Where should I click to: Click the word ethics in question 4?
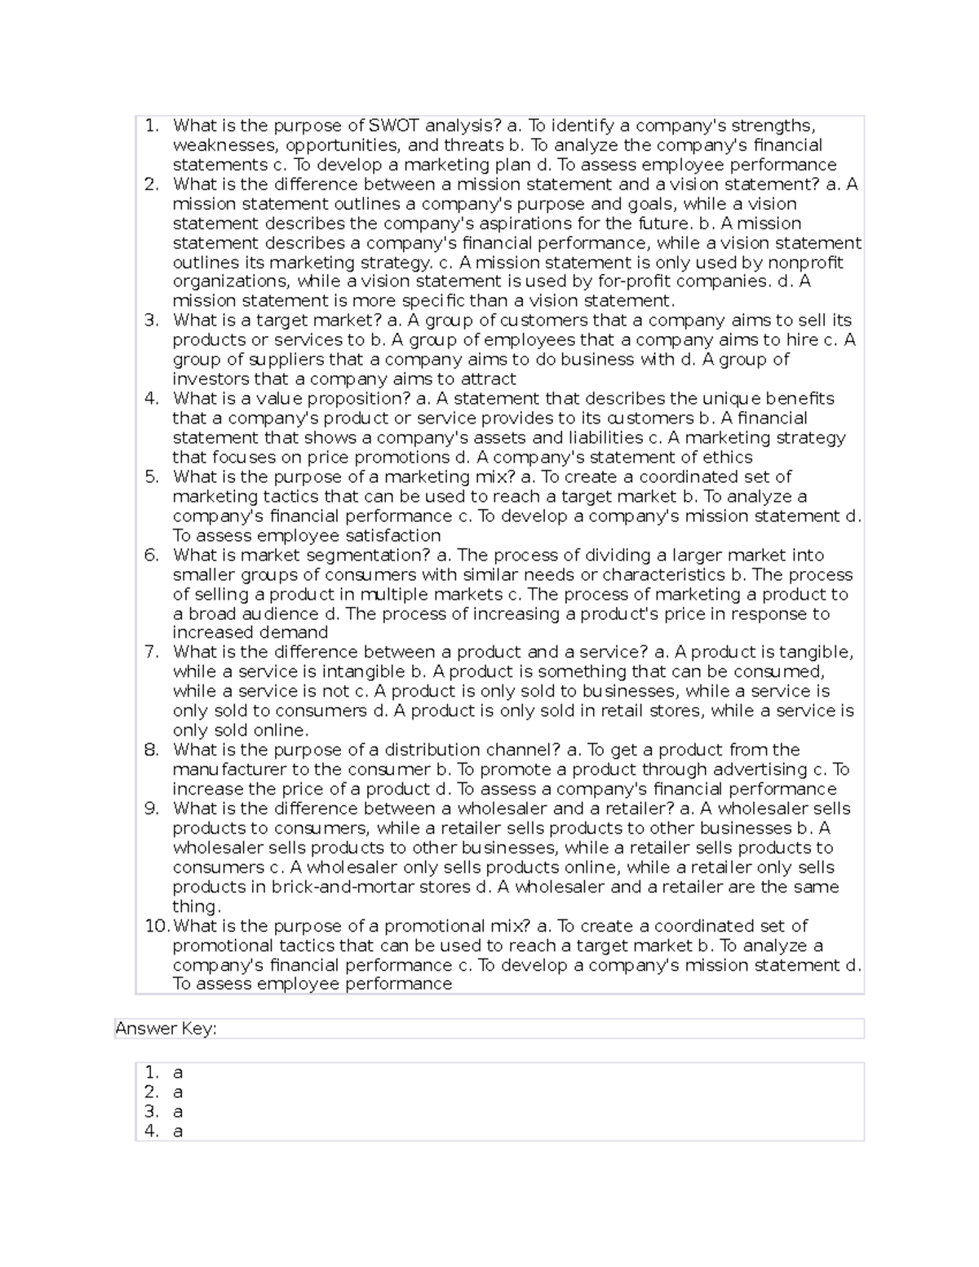click(727, 458)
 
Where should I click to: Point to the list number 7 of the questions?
click(151, 652)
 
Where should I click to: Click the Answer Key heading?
click(166, 1029)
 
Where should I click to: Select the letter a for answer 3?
click(178, 1112)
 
